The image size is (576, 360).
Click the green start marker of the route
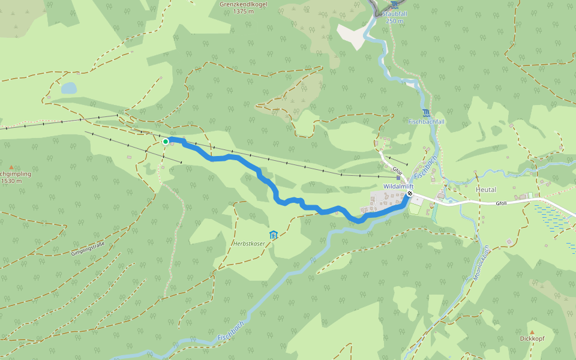point(166,141)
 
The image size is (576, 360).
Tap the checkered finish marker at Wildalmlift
point(410,194)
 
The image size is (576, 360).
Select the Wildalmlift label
point(398,187)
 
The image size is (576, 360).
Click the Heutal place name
point(485,190)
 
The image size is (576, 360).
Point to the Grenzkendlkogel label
point(243,4)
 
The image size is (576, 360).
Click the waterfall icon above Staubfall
point(394,5)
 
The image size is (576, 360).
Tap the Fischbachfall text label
point(425,122)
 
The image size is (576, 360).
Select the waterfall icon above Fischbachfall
point(425,113)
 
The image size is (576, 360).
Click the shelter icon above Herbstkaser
point(274,234)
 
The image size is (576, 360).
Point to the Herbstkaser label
point(249,244)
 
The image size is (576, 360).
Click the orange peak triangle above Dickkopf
point(532,332)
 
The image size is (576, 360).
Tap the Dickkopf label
point(532,339)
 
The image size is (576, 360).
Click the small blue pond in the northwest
point(69,88)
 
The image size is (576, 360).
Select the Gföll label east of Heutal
point(502,203)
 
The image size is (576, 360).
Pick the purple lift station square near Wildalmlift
point(398,178)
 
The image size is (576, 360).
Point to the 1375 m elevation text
point(244,11)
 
